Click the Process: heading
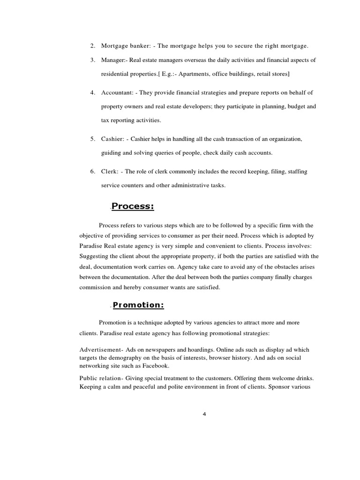133,207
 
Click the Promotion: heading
138,305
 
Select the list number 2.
93,46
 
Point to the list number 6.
93,172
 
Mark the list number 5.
93,139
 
